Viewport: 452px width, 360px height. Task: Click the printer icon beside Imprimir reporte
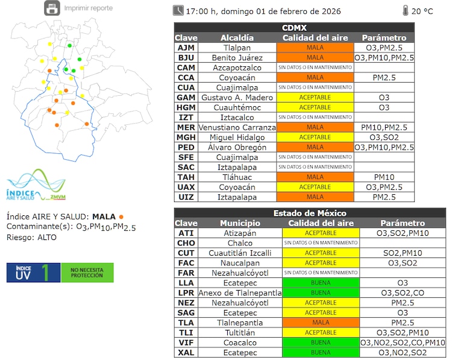point(52,8)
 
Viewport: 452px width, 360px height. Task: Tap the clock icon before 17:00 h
point(178,10)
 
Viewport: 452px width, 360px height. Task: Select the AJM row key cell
point(186,48)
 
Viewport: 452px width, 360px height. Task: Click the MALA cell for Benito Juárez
point(315,58)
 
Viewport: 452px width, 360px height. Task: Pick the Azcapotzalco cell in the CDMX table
point(237,68)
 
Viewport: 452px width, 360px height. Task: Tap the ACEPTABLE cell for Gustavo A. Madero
point(315,97)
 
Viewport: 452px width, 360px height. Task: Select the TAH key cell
point(186,177)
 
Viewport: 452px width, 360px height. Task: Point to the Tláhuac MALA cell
point(315,177)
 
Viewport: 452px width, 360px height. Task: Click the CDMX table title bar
point(294,28)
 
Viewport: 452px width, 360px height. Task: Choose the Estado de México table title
point(310,213)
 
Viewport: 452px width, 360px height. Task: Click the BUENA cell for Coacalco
point(321,343)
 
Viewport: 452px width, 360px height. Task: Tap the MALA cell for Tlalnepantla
point(321,323)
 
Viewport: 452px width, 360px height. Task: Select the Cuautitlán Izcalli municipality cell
point(240,253)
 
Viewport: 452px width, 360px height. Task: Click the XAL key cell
point(186,352)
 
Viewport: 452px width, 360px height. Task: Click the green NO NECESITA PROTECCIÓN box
point(87,273)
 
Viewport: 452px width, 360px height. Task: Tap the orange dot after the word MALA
point(121,216)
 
